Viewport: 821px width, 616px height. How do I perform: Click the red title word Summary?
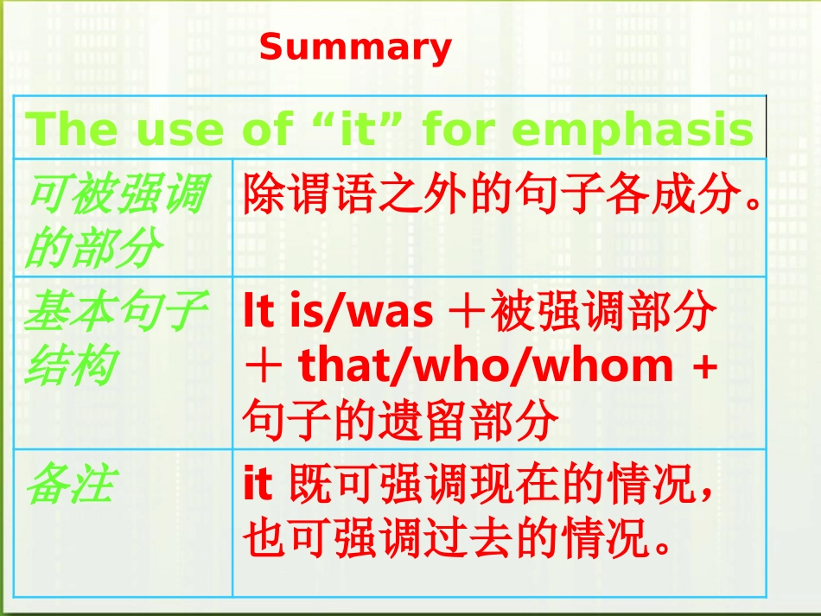pos(355,48)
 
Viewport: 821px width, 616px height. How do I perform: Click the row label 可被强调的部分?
pos(115,221)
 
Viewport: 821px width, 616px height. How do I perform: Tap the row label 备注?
pos(68,485)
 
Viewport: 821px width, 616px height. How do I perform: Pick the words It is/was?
pos(338,313)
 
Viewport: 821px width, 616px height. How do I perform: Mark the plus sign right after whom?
pos(705,367)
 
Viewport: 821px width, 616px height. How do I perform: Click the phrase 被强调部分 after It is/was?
pos(603,313)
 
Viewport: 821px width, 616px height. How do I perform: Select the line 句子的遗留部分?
pos(400,421)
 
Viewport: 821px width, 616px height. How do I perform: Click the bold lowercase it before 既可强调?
pos(258,486)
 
